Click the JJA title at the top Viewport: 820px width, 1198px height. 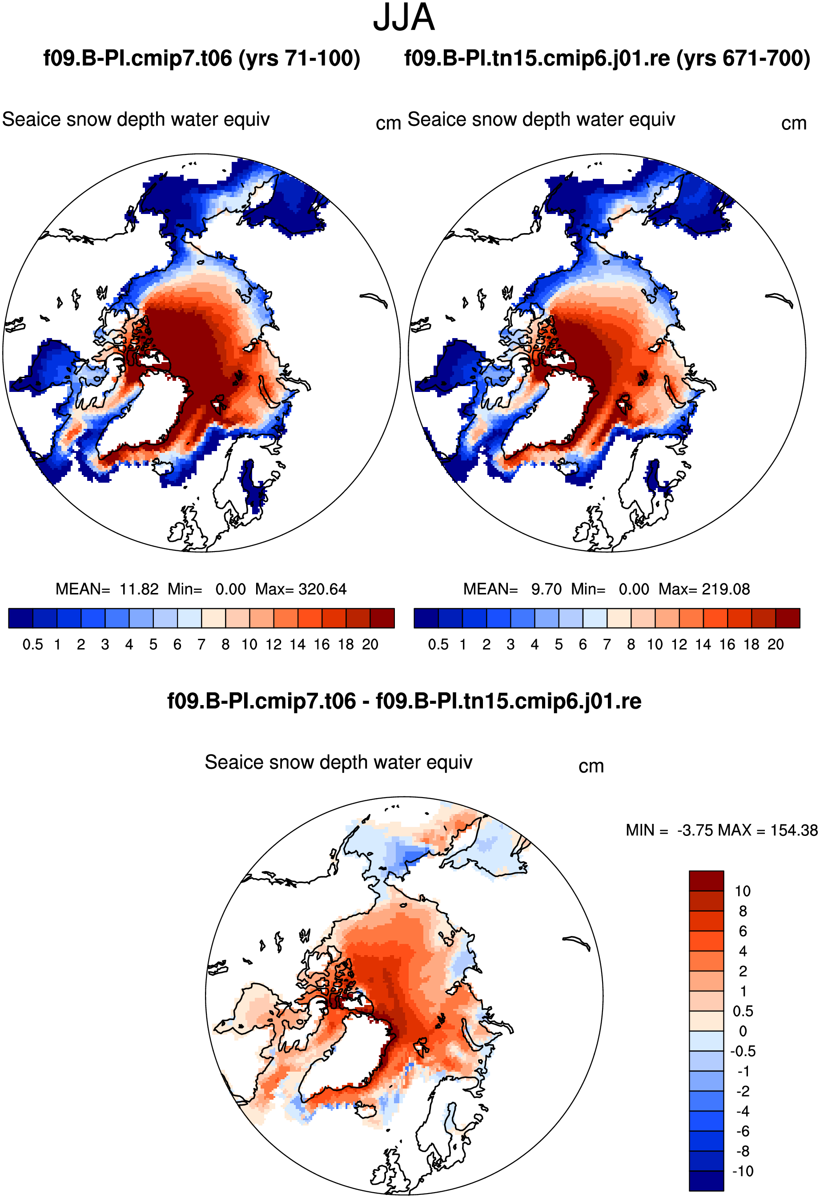404,17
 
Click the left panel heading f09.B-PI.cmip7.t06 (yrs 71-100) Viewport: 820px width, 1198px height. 201,58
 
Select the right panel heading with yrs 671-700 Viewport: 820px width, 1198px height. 607,58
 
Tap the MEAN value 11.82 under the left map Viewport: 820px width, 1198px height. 139,589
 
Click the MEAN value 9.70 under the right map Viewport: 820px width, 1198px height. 547,589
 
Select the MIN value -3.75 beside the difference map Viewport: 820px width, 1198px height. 696,830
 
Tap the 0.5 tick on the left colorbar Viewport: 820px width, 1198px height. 32,644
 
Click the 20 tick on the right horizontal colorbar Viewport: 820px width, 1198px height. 775,644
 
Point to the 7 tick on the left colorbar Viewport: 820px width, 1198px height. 201,644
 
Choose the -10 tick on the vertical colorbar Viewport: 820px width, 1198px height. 743,1171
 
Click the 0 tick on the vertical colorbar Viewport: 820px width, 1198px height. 743,1031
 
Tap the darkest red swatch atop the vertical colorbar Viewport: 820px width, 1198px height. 706,881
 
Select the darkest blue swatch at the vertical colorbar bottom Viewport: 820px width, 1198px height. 706,1181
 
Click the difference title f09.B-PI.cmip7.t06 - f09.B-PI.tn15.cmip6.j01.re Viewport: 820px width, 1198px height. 404,701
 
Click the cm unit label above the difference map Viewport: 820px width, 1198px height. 591,766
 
